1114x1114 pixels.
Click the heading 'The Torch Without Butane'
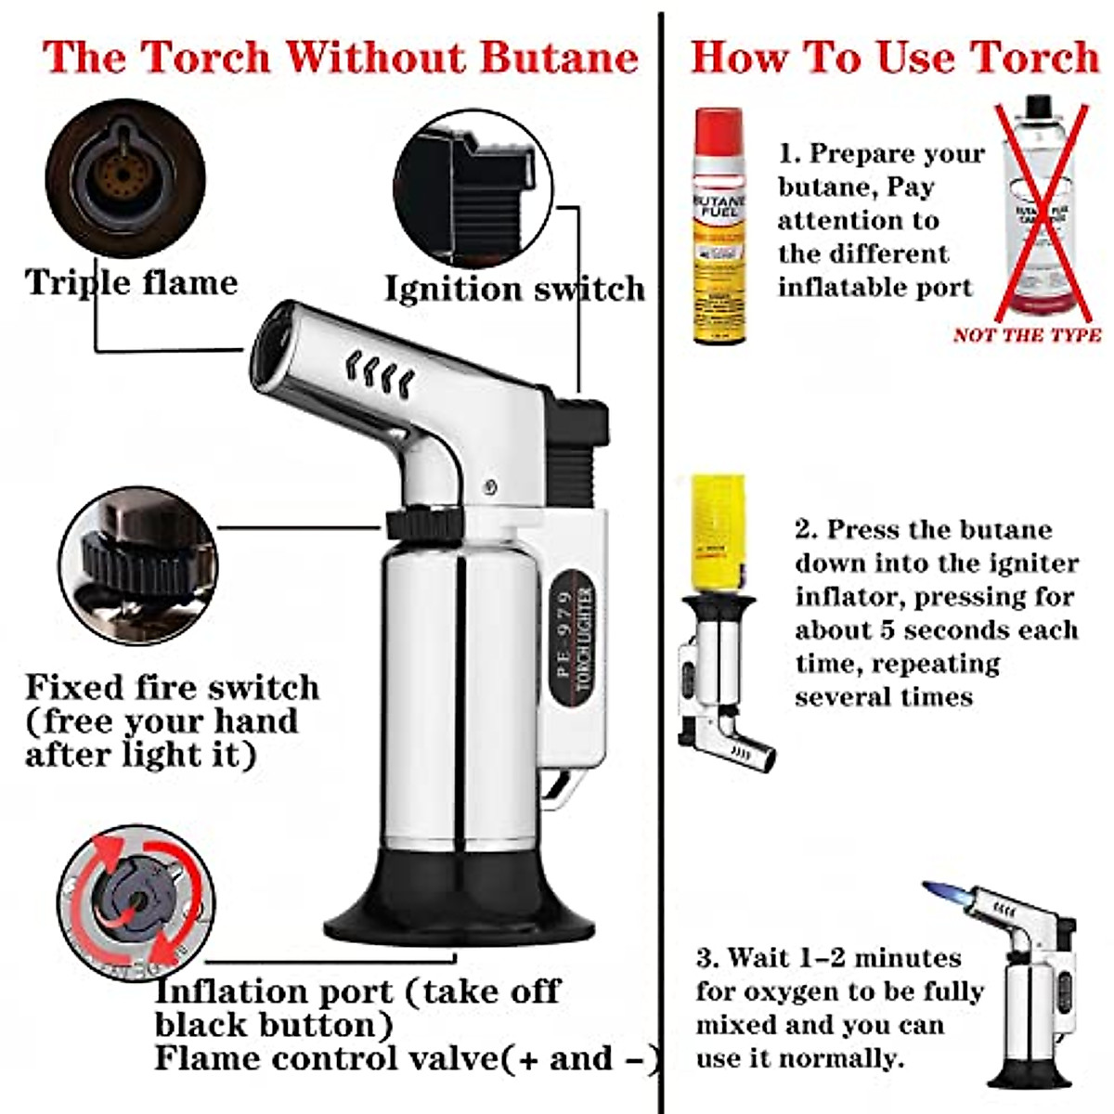click(x=341, y=57)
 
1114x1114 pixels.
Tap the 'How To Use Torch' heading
click(x=894, y=57)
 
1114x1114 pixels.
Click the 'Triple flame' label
click(x=131, y=282)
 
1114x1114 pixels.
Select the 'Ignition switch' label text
click(x=514, y=289)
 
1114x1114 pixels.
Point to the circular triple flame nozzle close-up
click(x=124, y=178)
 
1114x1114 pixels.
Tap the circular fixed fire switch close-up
click(x=137, y=565)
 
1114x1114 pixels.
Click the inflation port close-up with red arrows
click(x=136, y=903)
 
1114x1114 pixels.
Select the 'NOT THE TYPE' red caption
click(x=1027, y=335)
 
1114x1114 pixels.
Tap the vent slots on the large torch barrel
click(x=381, y=371)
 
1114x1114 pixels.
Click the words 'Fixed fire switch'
click(x=172, y=688)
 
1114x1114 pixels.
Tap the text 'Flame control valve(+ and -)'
click(x=407, y=1059)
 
